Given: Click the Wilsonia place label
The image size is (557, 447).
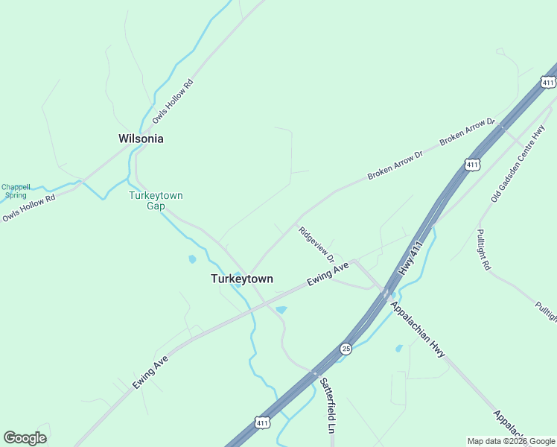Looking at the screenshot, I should (141, 139).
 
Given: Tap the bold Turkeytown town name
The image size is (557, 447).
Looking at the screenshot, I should (241, 279).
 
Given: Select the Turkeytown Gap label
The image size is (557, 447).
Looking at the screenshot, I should (156, 200).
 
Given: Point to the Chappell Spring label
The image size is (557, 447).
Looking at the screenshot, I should (15, 191).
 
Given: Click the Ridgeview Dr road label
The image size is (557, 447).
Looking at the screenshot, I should (316, 244).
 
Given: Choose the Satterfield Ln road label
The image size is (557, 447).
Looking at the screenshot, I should (328, 405).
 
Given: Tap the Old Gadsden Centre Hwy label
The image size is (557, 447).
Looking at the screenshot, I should (518, 164).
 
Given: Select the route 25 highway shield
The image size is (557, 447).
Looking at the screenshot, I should (346, 348).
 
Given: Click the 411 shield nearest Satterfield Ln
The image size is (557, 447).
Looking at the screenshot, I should (261, 422).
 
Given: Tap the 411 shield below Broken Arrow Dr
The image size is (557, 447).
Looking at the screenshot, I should (471, 163).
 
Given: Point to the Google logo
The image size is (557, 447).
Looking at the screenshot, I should (25, 438).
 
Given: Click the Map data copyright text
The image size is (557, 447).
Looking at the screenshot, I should (511, 441).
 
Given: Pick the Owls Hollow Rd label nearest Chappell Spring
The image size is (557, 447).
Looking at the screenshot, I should (28, 208).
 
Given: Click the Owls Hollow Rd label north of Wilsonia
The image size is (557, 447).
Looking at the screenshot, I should (172, 101).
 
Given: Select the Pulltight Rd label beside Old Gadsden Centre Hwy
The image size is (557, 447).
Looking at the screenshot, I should (484, 249).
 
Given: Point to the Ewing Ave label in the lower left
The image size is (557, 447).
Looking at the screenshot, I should (151, 372).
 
